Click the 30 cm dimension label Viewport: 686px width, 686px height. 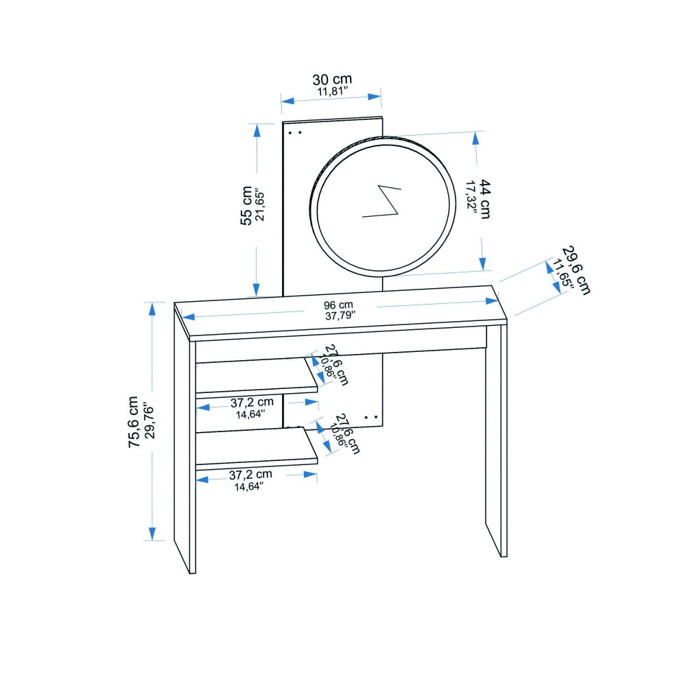pyautogui.click(x=332, y=80)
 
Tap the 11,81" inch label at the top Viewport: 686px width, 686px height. pyautogui.click(x=333, y=92)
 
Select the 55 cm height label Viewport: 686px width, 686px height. pyautogui.click(x=246, y=206)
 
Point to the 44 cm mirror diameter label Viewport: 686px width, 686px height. pyautogui.click(x=485, y=199)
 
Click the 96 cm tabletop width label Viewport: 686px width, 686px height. pyautogui.click(x=338, y=305)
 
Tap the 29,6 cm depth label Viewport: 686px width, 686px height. pyautogui.click(x=576, y=270)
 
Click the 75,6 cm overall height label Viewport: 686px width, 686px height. pyautogui.click(x=134, y=422)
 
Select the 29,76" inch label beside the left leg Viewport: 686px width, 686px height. pyautogui.click(x=149, y=422)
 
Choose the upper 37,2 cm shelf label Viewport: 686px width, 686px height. pyautogui.click(x=252, y=402)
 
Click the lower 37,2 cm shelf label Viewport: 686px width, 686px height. pyautogui.click(x=250, y=474)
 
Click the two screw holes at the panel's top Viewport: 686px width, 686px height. pyautogui.click(x=295, y=132)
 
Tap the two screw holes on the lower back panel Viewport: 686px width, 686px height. pyautogui.click(x=371, y=417)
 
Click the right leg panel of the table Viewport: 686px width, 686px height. pyautogui.click(x=496, y=441)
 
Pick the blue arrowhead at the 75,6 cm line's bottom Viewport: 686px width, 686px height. pyautogui.click(x=152, y=534)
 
